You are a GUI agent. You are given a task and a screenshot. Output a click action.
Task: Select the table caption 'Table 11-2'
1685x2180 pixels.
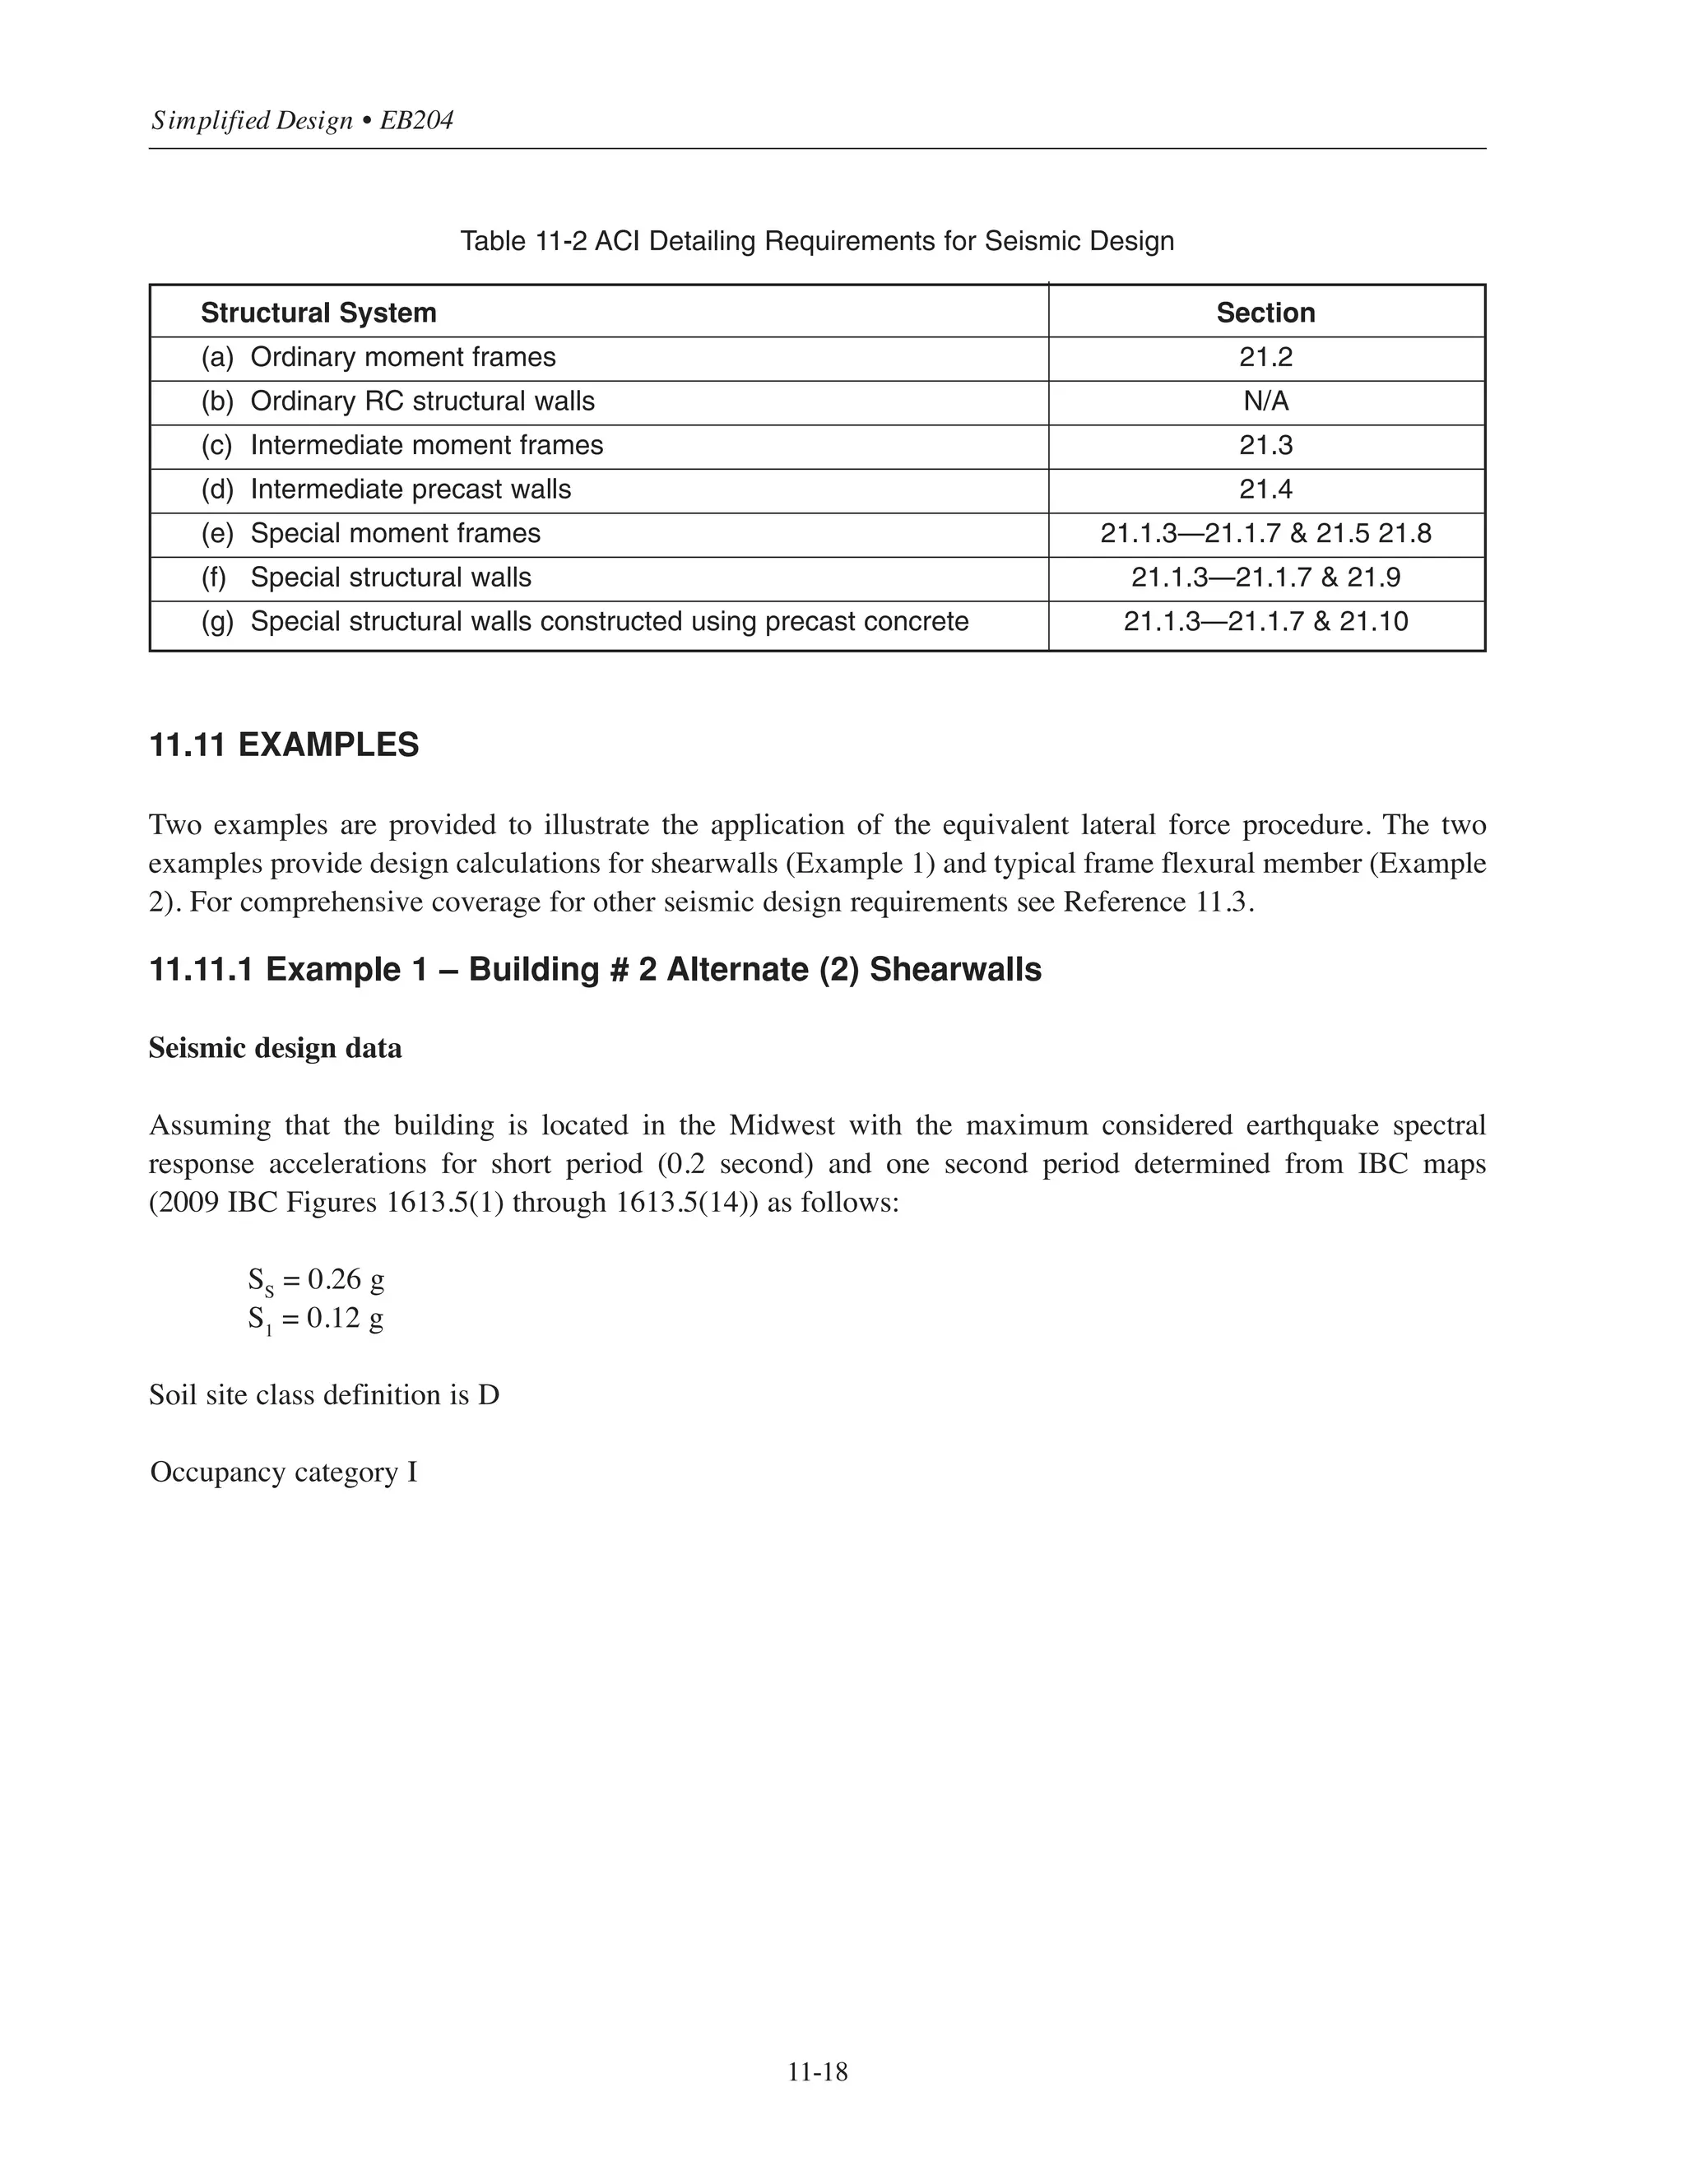coord(816,242)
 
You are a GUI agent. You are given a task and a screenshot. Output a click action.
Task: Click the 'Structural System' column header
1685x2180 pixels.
coord(318,313)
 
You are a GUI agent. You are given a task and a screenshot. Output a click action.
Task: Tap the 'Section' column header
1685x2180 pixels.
coord(1265,313)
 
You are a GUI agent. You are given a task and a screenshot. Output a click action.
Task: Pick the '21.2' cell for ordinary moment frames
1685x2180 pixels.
coord(1265,357)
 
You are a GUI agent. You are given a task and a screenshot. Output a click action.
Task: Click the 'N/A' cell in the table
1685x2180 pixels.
coord(1265,401)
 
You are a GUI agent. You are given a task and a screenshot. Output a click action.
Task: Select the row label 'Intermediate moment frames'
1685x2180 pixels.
coord(426,445)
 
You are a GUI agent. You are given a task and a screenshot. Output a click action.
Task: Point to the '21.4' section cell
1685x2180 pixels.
coord(1265,489)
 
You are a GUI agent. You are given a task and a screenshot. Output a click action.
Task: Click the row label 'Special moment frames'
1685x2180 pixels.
coord(395,533)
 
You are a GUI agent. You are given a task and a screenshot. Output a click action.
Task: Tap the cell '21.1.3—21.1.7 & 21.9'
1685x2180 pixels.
coord(1265,577)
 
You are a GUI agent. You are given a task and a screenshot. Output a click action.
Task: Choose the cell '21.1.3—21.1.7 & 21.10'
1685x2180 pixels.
coord(1265,621)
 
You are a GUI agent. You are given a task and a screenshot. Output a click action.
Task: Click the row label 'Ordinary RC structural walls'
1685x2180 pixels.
coord(421,401)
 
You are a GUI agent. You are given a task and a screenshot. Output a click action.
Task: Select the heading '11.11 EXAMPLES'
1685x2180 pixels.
coord(284,745)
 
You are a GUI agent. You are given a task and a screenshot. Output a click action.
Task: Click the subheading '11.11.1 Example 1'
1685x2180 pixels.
coord(595,969)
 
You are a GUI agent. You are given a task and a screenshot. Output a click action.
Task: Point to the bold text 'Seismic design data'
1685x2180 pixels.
coord(276,1048)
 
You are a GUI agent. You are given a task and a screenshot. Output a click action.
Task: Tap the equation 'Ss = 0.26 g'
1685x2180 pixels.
coord(315,1281)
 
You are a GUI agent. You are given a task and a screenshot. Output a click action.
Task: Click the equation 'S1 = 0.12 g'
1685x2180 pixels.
coord(315,1320)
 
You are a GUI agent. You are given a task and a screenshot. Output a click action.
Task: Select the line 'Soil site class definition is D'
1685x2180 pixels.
coord(324,1394)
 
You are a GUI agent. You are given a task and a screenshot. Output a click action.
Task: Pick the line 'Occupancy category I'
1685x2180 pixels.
coord(284,1473)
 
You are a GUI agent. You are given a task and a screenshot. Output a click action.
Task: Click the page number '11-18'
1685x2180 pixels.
coord(816,2072)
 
